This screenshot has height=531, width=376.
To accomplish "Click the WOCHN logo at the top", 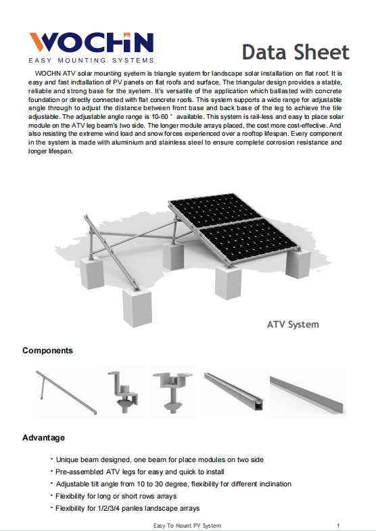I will coord(91,43).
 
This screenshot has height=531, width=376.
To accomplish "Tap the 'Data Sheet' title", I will coord(296,51).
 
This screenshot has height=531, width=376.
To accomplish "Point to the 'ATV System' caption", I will coord(292,324).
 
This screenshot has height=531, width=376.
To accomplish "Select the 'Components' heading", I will coord(47,351).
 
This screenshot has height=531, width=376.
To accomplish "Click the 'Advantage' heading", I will coord(43,438).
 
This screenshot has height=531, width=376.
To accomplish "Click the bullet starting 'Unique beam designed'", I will coord(159,459).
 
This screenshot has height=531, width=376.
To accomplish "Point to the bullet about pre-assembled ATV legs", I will coord(139,472).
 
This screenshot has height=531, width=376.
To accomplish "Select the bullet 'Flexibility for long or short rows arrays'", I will coord(120,496).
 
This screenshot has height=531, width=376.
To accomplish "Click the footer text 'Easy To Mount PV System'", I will coord(187,525).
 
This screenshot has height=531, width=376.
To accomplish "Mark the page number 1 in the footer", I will coord(337,525).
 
